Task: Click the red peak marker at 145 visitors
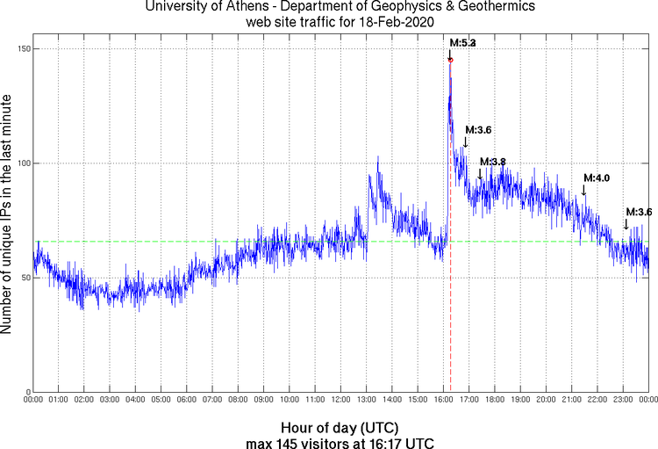(451, 60)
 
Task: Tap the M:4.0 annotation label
(597, 178)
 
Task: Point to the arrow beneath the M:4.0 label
(584, 190)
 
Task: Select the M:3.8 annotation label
(493, 162)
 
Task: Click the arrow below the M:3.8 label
(480, 174)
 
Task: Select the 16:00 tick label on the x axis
(443, 400)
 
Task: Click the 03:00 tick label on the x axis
(110, 400)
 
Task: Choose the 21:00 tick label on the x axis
(571, 400)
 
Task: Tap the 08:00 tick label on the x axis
(239, 400)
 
